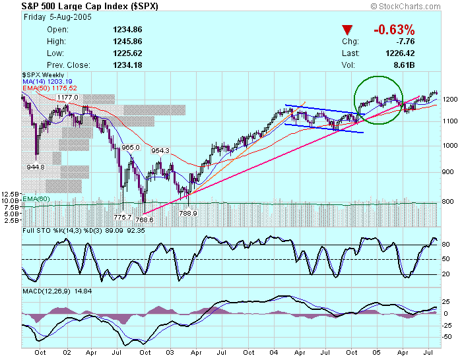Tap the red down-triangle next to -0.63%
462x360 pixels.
point(347,30)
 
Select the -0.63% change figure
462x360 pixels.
point(394,30)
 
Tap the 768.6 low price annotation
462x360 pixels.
point(145,219)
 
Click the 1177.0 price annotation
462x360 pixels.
point(67,98)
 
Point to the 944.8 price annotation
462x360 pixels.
point(36,167)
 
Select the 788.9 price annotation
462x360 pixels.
point(189,212)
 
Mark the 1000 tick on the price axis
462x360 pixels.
point(450,146)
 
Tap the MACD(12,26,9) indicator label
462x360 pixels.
point(47,291)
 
